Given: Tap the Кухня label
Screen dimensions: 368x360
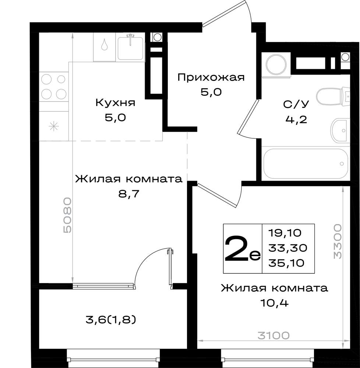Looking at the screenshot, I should pyautogui.click(x=115, y=103).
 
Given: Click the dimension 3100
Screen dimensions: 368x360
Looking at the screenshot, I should pyautogui.click(x=273, y=335).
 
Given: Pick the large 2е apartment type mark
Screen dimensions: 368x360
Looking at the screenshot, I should pyautogui.click(x=242, y=249).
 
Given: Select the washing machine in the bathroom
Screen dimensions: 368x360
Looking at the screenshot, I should pyautogui.click(x=276, y=66).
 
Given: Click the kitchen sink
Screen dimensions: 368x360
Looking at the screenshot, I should pyautogui.click(x=131, y=47).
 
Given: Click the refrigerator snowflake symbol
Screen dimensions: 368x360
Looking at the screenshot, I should pyautogui.click(x=54, y=127).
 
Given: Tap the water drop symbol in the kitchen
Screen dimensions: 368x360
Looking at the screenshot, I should pyautogui.click(x=105, y=45).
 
